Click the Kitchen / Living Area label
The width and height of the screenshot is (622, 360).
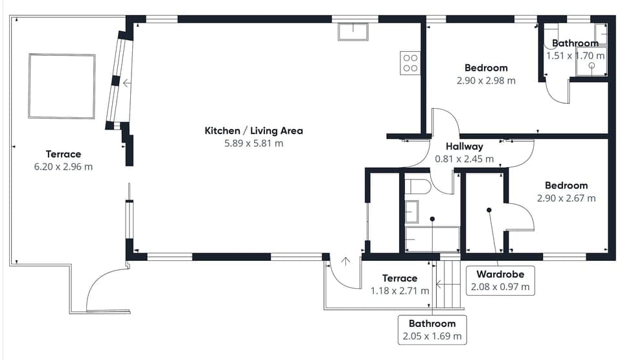pyautogui.click(x=253, y=131)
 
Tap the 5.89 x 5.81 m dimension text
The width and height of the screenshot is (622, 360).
pyautogui.click(x=253, y=143)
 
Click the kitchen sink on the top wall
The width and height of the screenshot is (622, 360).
pyautogui.click(x=352, y=32)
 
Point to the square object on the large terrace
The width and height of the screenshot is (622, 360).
pyautogui.click(x=62, y=86)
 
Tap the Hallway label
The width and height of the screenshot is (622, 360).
pyautogui.click(x=464, y=146)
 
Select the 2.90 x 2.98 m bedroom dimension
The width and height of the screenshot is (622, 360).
pyautogui.click(x=486, y=81)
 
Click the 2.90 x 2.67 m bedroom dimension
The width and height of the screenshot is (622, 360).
pyautogui.click(x=566, y=198)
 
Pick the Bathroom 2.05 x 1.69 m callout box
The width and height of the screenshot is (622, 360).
pyautogui.click(x=432, y=330)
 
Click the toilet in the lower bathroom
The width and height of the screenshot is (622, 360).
pyautogui.click(x=417, y=187)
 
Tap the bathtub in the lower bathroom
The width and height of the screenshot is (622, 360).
pyautogui.click(x=432, y=239)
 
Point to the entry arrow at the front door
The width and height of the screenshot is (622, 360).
pyautogui.click(x=346, y=262)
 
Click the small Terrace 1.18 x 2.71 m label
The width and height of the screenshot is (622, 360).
pyautogui.click(x=399, y=285)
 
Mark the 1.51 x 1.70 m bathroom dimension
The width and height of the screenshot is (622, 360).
pyautogui.click(x=575, y=56)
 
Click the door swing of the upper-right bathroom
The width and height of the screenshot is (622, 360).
pyautogui.click(x=557, y=91)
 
